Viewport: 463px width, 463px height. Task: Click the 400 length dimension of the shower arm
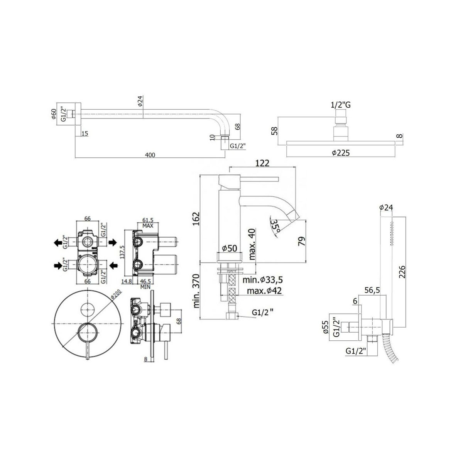pyautogui.click(x=150, y=155)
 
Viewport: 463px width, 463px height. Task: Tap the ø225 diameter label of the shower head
pyautogui.click(x=340, y=153)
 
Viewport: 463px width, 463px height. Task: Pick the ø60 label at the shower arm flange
pyautogui.click(x=54, y=114)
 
